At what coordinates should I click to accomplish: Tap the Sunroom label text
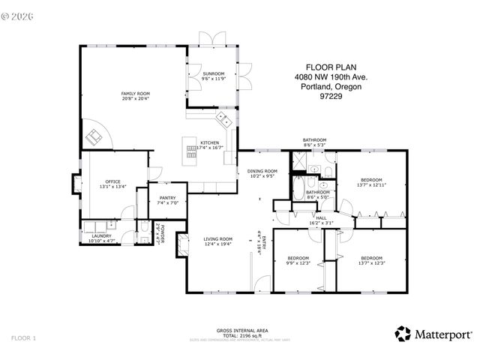tap(213, 74)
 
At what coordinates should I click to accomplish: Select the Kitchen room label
tap(208, 142)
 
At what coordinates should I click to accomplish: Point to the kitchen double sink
tap(223, 119)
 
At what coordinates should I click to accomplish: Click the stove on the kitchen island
tap(191, 148)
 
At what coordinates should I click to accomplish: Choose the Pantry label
tap(167, 198)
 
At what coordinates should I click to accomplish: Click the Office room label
tap(112, 181)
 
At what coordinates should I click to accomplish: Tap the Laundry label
tap(100, 236)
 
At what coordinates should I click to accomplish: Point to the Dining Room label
tap(262, 172)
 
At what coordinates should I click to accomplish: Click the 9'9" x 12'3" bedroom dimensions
tap(298, 262)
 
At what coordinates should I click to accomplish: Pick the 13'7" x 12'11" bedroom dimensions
tap(372, 184)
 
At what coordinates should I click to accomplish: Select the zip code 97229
tap(331, 95)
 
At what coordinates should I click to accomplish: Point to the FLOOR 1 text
tap(23, 338)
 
